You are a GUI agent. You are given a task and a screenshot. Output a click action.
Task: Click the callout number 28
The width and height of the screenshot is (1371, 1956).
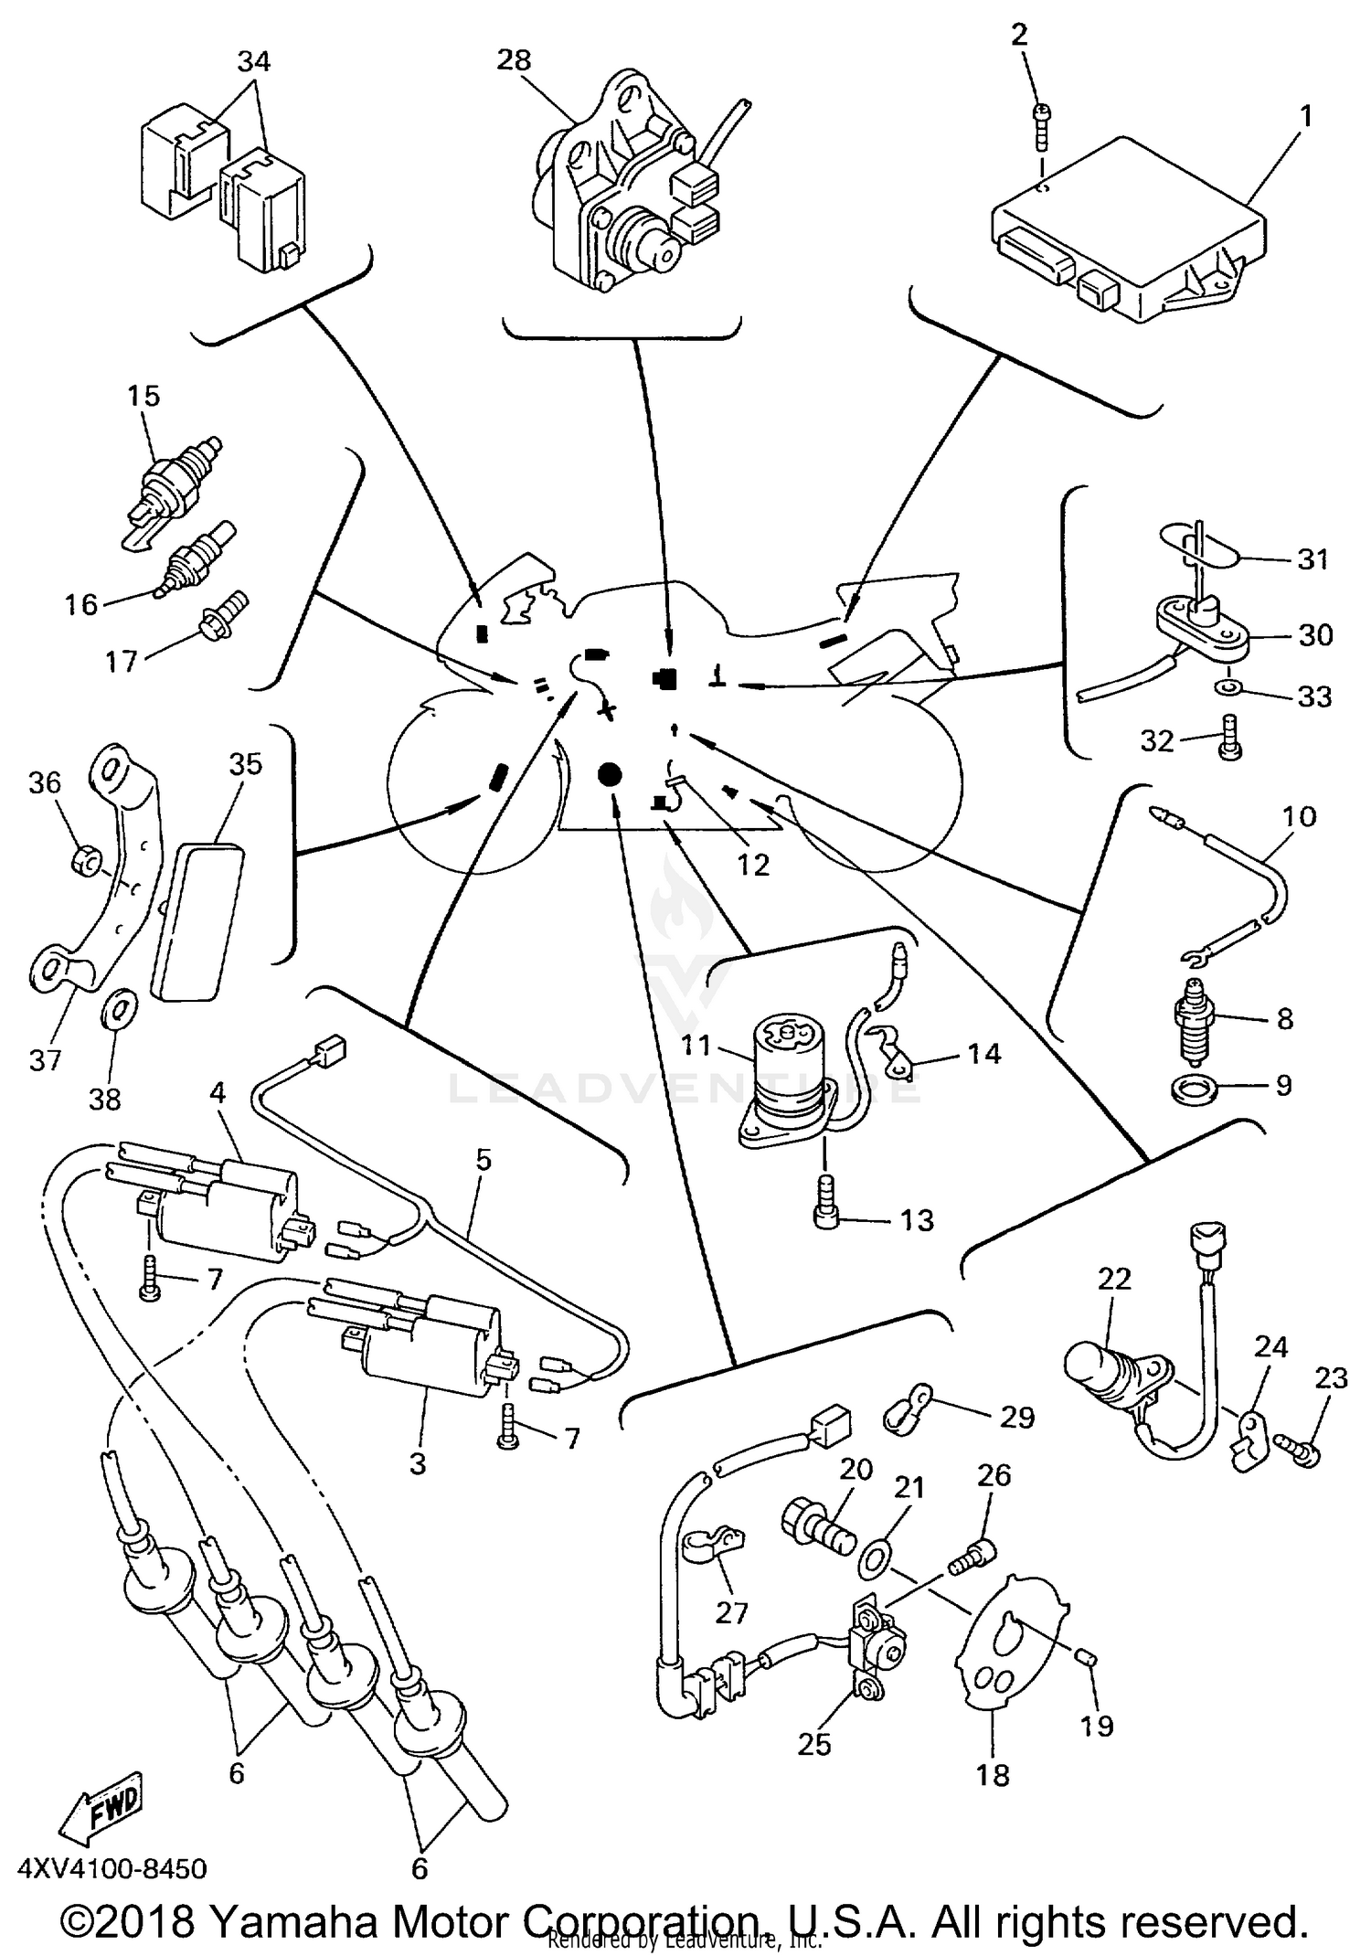514,60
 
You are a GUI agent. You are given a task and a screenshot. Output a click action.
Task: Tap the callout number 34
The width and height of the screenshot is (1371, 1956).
254,62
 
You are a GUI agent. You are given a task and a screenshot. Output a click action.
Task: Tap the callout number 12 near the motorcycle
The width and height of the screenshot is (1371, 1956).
754,864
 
